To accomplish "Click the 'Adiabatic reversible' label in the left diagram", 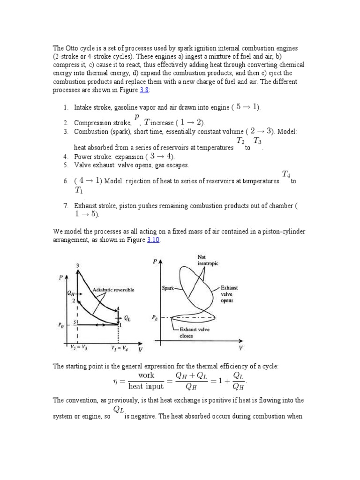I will [113, 290].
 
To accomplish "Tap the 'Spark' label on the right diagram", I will [166, 289].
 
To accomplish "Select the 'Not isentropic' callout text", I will [208, 260].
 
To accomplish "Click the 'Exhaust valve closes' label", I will [192, 333].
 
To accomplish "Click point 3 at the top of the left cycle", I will [77, 266].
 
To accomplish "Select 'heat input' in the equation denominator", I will [146, 386].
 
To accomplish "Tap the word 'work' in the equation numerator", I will [146, 375].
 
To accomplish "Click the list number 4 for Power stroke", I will [66, 157].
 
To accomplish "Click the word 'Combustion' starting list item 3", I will [90, 131].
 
